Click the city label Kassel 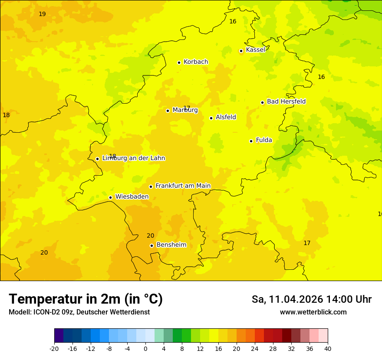255,50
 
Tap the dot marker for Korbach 179,62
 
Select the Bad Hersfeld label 286,101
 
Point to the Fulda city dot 251,141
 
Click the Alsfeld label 226,117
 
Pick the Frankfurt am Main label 183,186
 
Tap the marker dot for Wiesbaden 110,197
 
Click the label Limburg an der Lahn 133,158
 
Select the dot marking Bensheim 151,245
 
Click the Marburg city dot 168,111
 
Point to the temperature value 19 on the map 42,14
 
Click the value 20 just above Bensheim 150,236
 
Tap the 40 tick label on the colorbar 328,348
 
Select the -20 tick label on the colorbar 54,348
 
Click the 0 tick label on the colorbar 145,348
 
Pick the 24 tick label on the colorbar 255,348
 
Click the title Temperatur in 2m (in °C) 86,299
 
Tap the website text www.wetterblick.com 313,312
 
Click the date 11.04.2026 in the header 296,299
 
